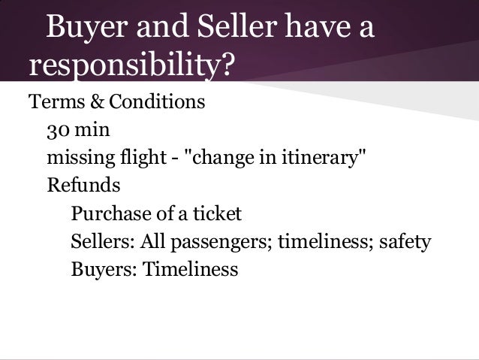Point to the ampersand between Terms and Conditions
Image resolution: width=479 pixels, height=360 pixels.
[x=88, y=101]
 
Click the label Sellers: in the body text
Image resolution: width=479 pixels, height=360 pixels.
[x=101, y=243]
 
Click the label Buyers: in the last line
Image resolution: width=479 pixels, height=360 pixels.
[x=98, y=270]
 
